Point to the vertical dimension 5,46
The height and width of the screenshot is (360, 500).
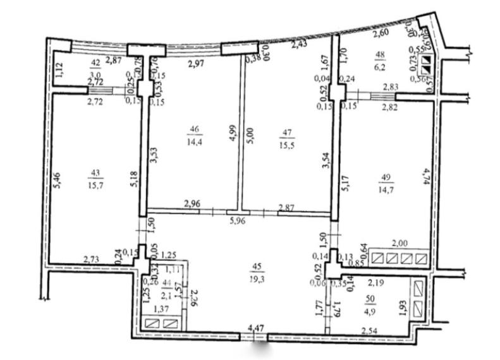tap(59, 183)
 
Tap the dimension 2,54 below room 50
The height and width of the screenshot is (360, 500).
tap(370, 329)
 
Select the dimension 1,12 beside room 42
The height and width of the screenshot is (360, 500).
tap(58, 70)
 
